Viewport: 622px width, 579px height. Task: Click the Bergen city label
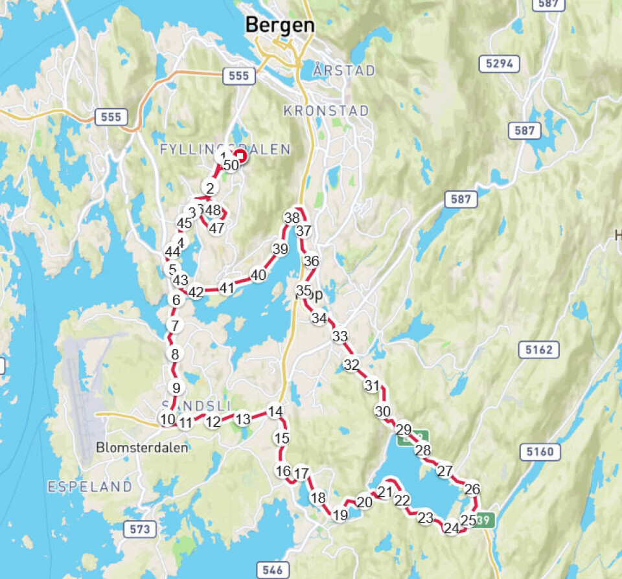[x=280, y=26]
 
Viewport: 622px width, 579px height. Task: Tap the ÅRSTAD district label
[x=343, y=71]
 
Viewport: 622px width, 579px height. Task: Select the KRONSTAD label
[x=326, y=111]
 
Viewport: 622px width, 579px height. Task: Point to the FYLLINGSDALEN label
[x=224, y=150]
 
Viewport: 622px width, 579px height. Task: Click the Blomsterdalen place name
[x=142, y=447]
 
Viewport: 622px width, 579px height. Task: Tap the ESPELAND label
[x=89, y=486]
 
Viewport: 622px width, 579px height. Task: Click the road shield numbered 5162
[x=539, y=350]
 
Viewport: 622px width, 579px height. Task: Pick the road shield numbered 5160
[x=540, y=451]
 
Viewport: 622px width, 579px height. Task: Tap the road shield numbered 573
[x=139, y=529]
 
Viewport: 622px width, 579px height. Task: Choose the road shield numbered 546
[x=273, y=570]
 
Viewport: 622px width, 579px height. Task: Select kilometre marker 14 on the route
[x=275, y=412]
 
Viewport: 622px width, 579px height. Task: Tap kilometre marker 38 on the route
[x=292, y=218]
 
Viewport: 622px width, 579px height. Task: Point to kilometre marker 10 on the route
[x=168, y=419]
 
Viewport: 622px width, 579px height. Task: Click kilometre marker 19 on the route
[x=340, y=515]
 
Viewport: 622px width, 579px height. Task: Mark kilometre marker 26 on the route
[x=472, y=489]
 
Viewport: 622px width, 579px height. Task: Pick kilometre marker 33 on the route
[x=340, y=336]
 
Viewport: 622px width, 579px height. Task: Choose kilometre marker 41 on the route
[x=227, y=288]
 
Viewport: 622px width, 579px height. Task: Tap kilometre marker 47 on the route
[x=217, y=228]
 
